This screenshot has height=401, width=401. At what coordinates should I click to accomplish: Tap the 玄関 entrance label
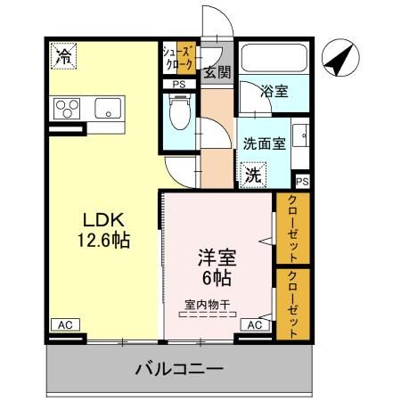click(217, 72)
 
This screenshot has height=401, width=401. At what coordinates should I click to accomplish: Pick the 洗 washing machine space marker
click(252, 174)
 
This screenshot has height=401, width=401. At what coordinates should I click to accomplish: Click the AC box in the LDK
click(64, 326)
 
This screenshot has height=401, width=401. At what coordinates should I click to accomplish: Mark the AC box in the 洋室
click(254, 326)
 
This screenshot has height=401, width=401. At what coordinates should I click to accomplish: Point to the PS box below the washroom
click(302, 182)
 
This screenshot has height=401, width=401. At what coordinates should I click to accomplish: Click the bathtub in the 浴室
click(273, 60)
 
